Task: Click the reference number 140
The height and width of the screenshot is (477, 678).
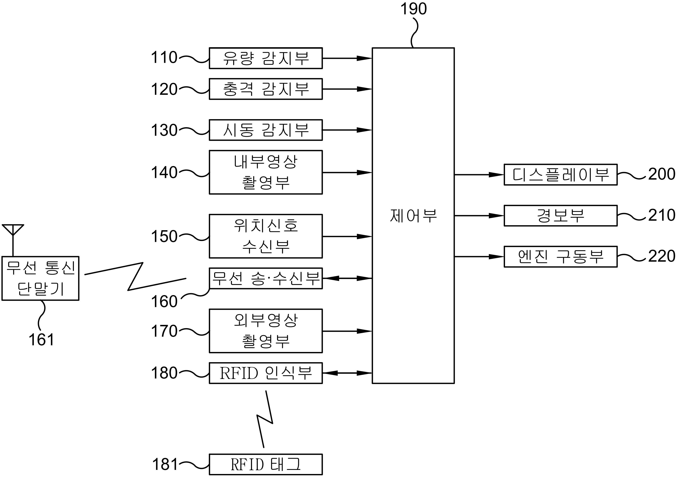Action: (164, 172)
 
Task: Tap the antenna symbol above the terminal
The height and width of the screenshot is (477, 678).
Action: (13, 240)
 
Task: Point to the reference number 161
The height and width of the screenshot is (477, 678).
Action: (41, 340)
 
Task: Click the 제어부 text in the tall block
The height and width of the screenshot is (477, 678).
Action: (413, 216)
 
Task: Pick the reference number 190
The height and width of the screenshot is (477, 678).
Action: (413, 9)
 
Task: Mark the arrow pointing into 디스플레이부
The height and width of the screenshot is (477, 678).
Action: (479, 175)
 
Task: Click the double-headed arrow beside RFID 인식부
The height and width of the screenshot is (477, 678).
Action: (347, 373)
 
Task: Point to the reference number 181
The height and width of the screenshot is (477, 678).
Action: (165, 464)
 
